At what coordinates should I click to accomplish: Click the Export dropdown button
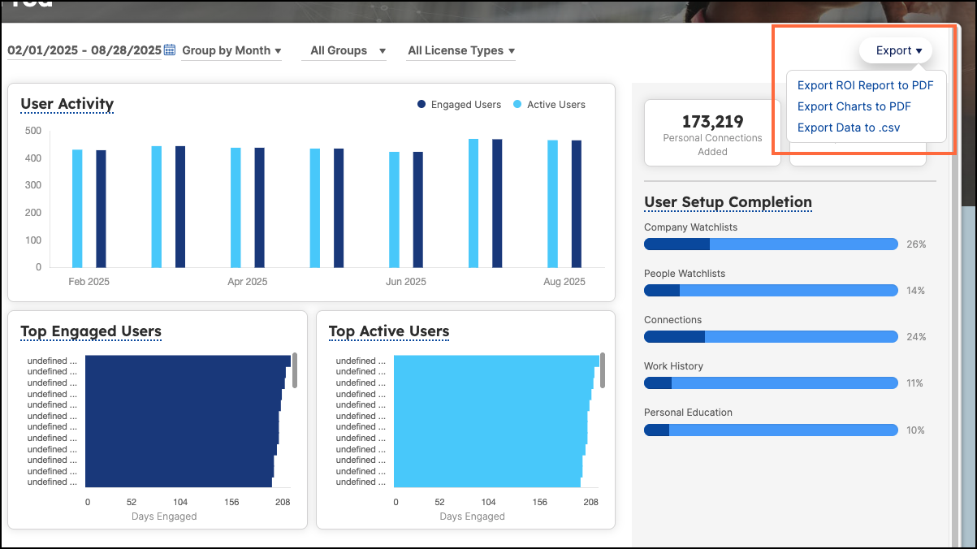(896, 50)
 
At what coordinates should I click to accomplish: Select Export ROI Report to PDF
(865, 85)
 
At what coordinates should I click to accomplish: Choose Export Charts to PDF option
(854, 106)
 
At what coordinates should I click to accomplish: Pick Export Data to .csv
(848, 128)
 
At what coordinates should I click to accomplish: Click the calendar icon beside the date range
(170, 50)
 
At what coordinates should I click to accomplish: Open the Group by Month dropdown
(231, 50)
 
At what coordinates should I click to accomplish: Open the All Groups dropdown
(348, 50)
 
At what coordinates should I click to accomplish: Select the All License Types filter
(460, 50)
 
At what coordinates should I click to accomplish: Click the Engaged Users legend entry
(459, 105)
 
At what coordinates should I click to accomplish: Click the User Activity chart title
(67, 104)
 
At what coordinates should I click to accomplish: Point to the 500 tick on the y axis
(33, 130)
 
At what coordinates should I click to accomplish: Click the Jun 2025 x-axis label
(405, 282)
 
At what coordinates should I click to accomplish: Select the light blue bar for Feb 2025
(77, 208)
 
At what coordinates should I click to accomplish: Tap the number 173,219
(712, 122)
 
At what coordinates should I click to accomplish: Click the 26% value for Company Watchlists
(916, 244)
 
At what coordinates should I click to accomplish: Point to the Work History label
(673, 366)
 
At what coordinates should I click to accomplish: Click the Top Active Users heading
(389, 331)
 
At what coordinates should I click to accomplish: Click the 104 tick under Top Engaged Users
(180, 502)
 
